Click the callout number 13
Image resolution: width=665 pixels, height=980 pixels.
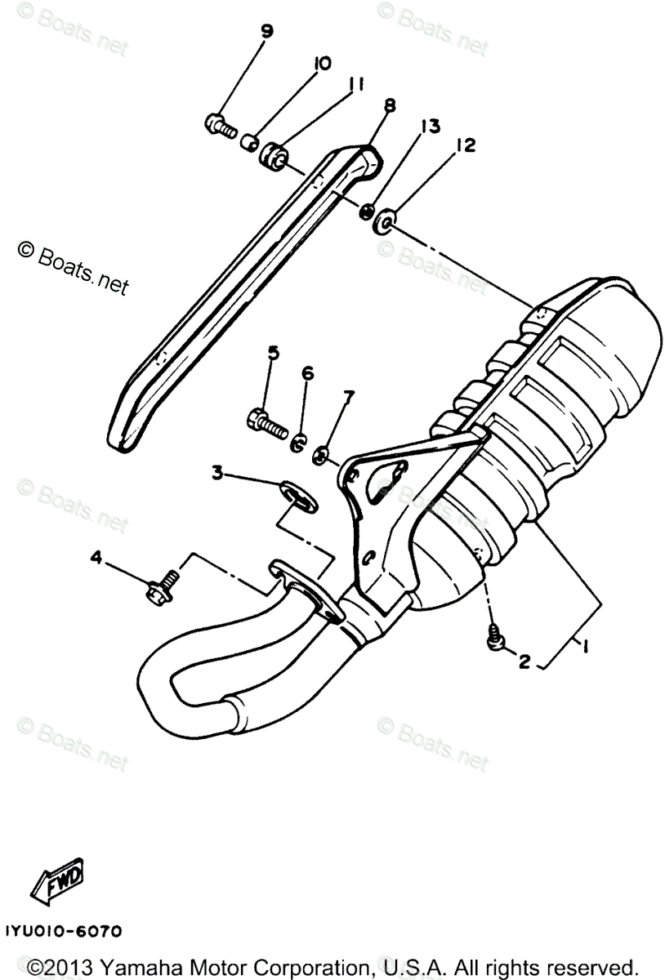click(x=430, y=126)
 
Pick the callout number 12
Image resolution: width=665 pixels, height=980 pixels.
click(x=466, y=145)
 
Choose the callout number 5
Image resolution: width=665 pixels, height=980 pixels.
click(x=273, y=353)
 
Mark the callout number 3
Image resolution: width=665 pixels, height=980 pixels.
click(x=217, y=472)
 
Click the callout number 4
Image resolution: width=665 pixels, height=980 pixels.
click(x=96, y=558)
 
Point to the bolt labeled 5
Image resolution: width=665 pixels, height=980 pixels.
click(x=264, y=422)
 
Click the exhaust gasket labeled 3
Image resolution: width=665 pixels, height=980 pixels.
click(x=295, y=493)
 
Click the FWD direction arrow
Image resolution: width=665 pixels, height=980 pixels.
click(x=56, y=878)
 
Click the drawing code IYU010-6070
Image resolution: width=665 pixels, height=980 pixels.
click(x=63, y=931)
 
